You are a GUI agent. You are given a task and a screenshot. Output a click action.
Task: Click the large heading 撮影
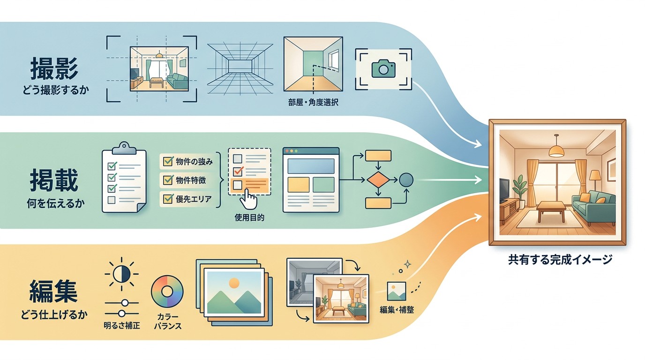click(54, 68)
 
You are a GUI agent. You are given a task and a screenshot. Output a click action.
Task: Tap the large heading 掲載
click(54, 180)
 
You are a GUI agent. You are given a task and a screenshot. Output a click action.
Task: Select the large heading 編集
click(53, 291)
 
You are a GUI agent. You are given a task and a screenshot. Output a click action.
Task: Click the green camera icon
click(383, 68)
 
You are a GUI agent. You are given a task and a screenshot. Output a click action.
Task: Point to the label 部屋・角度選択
click(313, 102)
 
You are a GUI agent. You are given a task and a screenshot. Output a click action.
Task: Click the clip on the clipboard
click(124, 148)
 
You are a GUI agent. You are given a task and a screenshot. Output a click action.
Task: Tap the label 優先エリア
click(194, 199)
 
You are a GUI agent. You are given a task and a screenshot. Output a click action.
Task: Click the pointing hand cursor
click(248, 199)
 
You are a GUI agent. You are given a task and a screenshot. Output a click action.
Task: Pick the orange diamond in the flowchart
click(378, 180)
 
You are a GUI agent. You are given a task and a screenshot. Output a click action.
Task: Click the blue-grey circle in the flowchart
click(406, 180)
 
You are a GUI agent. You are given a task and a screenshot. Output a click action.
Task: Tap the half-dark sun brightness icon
click(121, 274)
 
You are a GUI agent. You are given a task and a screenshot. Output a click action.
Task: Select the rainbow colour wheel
click(167, 292)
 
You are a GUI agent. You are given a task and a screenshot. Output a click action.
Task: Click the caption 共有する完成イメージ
click(560, 260)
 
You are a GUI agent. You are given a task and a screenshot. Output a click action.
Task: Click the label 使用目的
click(249, 217)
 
